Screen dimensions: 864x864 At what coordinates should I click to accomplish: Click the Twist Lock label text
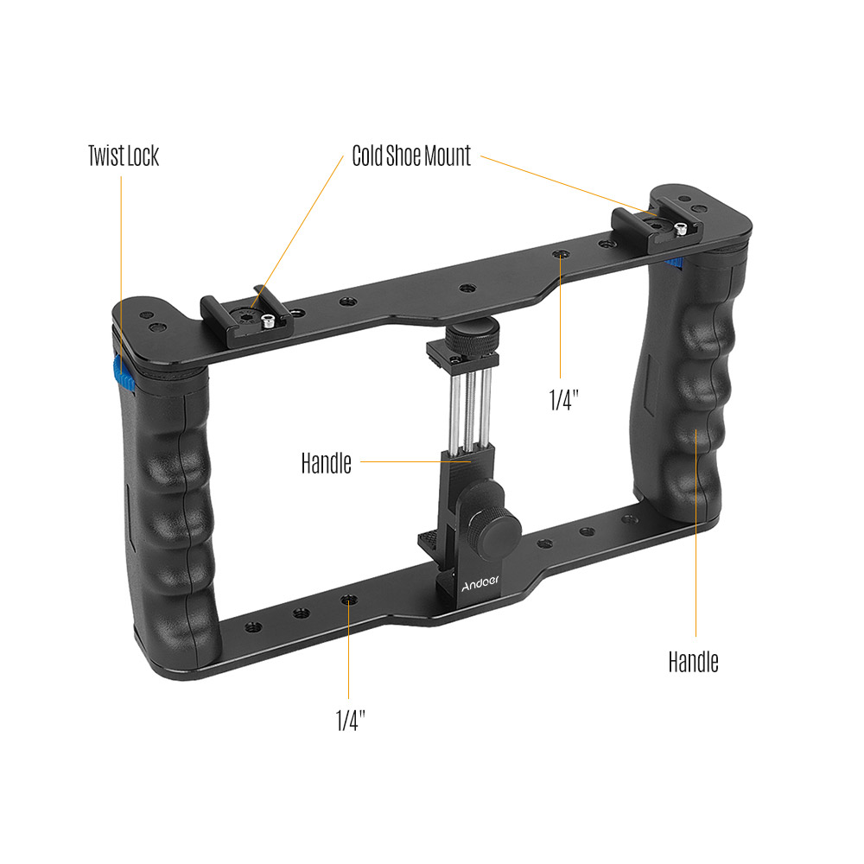point(124,156)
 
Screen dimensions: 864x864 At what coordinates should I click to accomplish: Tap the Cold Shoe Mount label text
point(411,156)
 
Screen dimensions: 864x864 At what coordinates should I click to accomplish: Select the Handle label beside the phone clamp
point(327,463)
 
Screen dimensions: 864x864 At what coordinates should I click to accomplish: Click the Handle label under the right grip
point(693,662)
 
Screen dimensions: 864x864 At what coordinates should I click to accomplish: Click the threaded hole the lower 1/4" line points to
point(348,599)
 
